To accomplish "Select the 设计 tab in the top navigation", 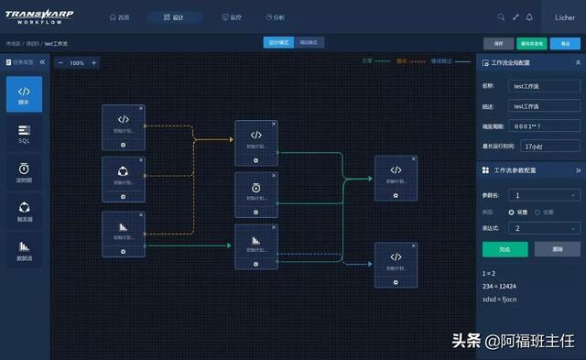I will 173,17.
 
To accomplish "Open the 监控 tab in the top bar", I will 232,17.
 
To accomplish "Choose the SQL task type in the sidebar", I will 25,135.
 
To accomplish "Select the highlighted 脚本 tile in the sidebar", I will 25,95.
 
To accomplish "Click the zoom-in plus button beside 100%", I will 93,63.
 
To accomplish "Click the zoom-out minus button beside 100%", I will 61,63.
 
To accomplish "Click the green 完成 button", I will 505,249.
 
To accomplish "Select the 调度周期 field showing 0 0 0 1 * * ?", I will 544,125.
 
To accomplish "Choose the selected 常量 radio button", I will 512,212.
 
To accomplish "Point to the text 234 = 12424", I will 504,286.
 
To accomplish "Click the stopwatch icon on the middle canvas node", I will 256,188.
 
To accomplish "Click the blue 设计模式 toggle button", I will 277,43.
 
